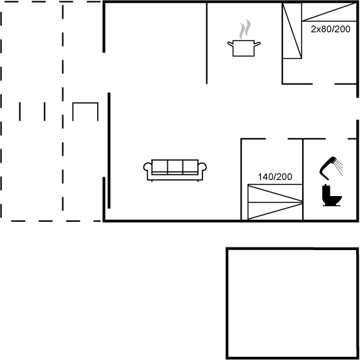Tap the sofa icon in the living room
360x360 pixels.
(175, 170)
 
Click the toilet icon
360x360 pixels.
(332, 195)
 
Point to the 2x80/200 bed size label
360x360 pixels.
(330, 29)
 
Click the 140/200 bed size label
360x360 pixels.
(275, 177)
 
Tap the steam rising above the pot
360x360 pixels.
(245, 29)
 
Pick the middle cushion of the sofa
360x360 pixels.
(175, 166)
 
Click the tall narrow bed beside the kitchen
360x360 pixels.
(292, 31)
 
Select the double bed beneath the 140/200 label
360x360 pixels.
(275, 202)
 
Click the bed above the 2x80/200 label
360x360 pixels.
(329, 12)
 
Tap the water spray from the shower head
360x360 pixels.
(339, 168)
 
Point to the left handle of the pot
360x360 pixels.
(231, 44)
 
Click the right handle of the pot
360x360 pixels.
(257, 44)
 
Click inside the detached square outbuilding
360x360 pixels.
(292, 303)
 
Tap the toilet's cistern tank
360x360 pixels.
(327, 191)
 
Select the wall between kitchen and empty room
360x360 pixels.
(206, 43)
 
